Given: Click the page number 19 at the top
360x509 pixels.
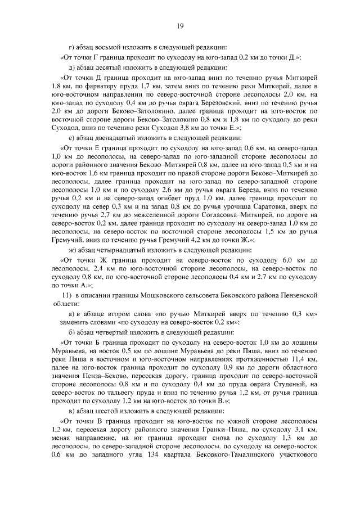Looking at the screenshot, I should pyautogui.click(x=180, y=25).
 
